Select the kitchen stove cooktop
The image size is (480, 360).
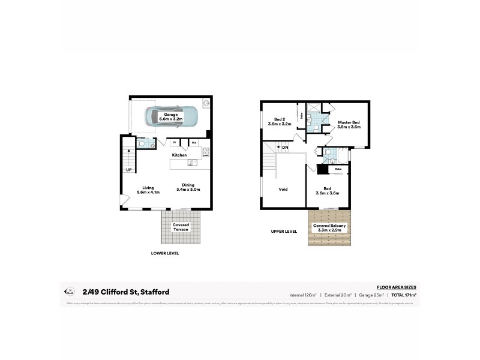(206, 152)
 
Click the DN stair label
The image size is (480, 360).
(285, 147)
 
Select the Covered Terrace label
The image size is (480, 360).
(181, 227)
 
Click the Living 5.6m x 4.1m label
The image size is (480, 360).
(148, 190)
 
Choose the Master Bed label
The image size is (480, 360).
(348, 125)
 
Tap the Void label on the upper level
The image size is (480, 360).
(283, 189)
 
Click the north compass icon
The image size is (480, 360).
(69, 292)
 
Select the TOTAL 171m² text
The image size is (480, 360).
(402, 295)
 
